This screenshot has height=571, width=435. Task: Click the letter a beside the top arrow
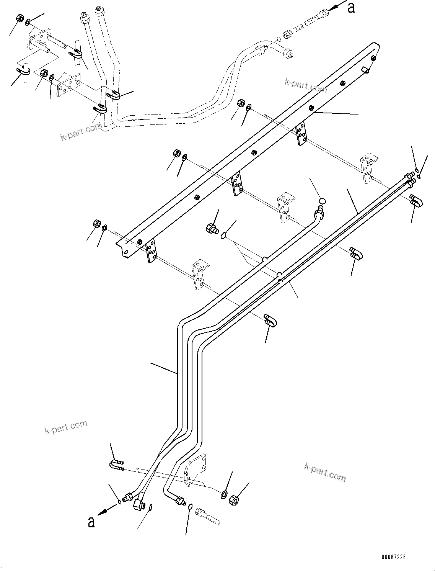(351, 8)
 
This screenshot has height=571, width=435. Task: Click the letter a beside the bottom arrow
(91, 522)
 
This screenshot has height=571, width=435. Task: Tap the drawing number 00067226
(393, 557)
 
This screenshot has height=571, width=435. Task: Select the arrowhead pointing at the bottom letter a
(101, 513)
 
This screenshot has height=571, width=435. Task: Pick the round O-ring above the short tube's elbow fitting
(322, 200)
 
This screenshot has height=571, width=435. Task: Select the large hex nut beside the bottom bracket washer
(234, 500)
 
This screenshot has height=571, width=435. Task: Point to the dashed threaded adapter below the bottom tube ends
(208, 516)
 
